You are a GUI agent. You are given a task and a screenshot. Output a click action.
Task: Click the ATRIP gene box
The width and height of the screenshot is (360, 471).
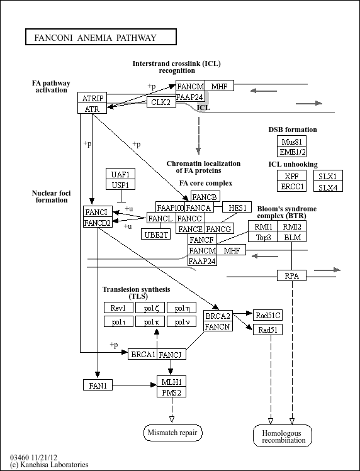pyautogui.click(x=93, y=97)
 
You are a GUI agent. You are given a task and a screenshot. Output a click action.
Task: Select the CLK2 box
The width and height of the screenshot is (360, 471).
pyautogui.click(x=161, y=102)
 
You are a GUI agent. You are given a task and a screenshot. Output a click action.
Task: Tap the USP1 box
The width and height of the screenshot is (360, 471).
pyautogui.click(x=121, y=184)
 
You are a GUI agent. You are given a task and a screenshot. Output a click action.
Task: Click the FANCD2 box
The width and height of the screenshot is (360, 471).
pyautogui.click(x=98, y=222)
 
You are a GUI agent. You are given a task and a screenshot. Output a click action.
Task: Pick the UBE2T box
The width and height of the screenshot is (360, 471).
pyautogui.click(x=156, y=234)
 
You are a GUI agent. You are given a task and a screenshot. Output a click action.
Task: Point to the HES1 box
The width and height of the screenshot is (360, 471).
pyautogui.click(x=237, y=207)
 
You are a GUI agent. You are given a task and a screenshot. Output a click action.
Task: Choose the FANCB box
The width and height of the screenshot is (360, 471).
pyautogui.click(x=205, y=196)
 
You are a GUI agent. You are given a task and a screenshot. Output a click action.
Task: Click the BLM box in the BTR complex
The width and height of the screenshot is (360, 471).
pyautogui.click(x=292, y=236)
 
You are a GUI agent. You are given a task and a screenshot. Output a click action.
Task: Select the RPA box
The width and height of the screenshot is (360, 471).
pyautogui.click(x=292, y=275)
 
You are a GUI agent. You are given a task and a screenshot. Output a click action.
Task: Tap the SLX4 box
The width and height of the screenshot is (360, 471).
pyautogui.click(x=328, y=187)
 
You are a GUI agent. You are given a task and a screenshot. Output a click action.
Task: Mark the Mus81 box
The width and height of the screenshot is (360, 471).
pyautogui.click(x=292, y=141)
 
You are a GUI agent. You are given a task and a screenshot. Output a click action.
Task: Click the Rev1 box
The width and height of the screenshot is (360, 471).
pyautogui.click(x=118, y=308)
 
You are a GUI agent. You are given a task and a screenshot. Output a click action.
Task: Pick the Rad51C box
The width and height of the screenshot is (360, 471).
pyautogui.click(x=267, y=315)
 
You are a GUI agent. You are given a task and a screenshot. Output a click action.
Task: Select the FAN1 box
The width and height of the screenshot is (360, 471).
pyautogui.click(x=98, y=385)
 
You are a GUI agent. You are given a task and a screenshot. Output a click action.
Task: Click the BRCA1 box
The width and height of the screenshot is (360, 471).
pyautogui.click(x=143, y=354)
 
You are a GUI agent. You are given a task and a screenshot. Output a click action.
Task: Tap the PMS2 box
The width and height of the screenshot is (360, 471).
pyautogui.click(x=171, y=392)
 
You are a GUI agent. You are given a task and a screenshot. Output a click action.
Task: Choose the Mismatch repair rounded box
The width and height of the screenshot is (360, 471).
pyautogui.click(x=173, y=433)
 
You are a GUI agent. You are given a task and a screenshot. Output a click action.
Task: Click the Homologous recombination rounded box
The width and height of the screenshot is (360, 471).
pyautogui.click(x=283, y=436)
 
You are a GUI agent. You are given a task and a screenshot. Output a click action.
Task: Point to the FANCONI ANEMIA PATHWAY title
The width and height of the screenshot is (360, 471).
pyautogui.click(x=101, y=37)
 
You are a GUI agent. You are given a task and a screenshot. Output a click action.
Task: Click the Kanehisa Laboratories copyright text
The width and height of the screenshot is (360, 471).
pyautogui.click(x=49, y=465)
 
